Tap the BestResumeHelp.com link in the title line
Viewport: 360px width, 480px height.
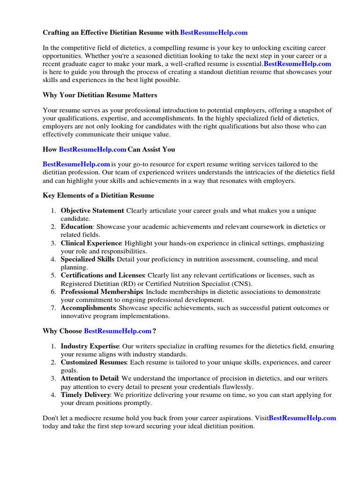tap(214, 33)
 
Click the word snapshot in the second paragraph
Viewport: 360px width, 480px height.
tap(292, 111)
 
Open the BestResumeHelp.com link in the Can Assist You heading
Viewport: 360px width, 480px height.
tap(92, 150)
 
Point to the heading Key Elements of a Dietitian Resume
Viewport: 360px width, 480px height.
tap(98, 195)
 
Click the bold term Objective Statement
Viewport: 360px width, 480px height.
tap(92, 211)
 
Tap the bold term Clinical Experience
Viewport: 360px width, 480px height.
tap(91, 243)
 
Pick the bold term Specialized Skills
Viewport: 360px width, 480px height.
tap(87, 259)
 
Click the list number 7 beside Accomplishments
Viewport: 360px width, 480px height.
tap(53, 308)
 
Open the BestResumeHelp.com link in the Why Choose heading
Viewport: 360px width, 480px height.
tap(117, 331)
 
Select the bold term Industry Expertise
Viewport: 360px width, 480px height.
tap(89, 346)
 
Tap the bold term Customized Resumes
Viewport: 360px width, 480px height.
tap(94, 363)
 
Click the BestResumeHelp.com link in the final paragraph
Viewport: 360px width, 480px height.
tap(303, 418)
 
